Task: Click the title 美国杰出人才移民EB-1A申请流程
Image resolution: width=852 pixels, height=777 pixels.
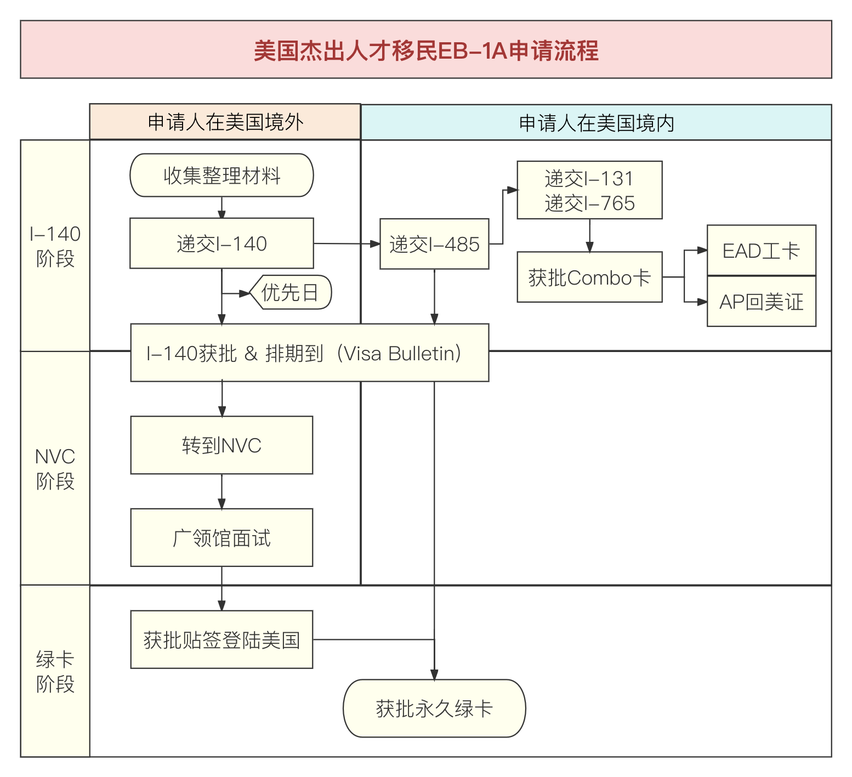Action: coord(425,50)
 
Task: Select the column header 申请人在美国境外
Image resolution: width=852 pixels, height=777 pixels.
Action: coord(225,122)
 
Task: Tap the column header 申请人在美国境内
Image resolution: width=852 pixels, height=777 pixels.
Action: coord(596,123)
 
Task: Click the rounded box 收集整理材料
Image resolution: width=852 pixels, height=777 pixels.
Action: coord(221,175)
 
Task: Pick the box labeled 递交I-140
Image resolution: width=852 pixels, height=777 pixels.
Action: coord(221,243)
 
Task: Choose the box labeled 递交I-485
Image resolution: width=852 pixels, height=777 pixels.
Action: coord(434,244)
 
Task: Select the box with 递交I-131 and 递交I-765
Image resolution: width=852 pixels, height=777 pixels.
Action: coord(589,190)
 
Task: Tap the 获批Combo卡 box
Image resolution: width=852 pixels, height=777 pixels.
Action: coord(589,277)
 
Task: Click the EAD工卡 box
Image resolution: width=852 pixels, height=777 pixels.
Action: coord(761,251)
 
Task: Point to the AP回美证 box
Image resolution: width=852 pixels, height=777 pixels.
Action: coord(761,302)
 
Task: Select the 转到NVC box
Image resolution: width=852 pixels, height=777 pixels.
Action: coord(221,445)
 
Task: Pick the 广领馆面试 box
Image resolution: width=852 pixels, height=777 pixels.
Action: coord(221,538)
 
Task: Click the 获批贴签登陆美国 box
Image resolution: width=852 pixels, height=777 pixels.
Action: coord(221,640)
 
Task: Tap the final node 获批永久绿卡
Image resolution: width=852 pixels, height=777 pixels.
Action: coord(434,708)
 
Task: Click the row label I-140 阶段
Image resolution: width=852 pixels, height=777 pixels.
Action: coord(55,246)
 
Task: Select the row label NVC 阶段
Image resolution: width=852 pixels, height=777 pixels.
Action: coord(55,469)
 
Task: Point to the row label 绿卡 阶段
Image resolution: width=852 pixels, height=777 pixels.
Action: coord(55,672)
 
